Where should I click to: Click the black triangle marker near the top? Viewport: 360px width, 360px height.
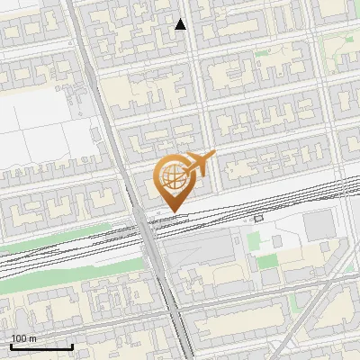[181, 24]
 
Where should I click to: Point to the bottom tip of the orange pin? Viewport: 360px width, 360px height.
[173, 212]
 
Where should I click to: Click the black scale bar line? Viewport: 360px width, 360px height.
[41, 346]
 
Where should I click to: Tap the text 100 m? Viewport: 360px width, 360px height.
[23, 338]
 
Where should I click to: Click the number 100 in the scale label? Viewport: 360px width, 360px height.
[19, 338]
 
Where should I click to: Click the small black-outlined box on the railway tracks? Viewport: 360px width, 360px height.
[258, 218]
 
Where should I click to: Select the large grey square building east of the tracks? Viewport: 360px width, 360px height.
[317, 226]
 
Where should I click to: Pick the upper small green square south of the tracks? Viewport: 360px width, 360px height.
[254, 239]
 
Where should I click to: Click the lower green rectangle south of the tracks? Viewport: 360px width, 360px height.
[268, 262]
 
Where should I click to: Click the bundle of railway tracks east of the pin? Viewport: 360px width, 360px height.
[270, 202]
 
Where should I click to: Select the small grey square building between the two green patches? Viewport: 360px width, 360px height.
[269, 244]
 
